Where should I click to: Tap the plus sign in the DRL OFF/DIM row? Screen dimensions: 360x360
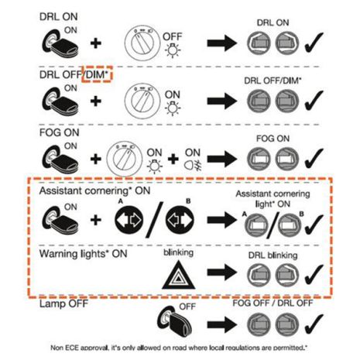click(x=95, y=100)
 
